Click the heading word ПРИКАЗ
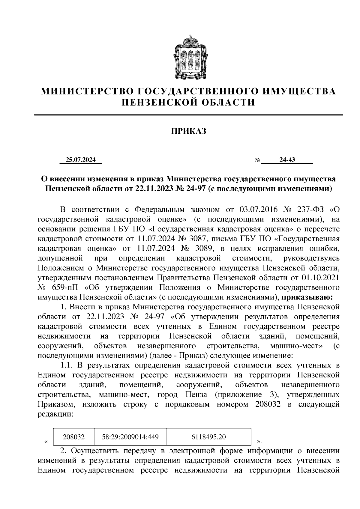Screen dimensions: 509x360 [189, 131]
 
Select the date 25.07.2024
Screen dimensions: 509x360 [81, 160]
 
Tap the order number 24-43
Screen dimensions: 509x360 [287, 160]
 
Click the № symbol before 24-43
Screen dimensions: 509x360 [257, 160]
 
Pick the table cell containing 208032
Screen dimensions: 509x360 [73, 437]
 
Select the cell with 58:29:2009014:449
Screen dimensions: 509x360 [130, 437]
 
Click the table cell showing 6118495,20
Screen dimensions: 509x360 [208, 437]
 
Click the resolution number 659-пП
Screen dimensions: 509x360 [64, 287]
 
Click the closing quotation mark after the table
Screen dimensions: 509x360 [259, 442]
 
